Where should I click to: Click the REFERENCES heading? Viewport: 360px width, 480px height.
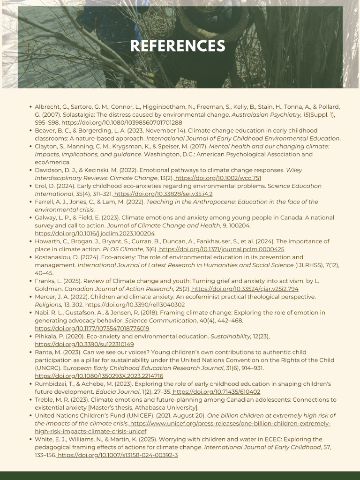click(x=178, y=46)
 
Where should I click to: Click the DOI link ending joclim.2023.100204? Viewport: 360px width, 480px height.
click(x=95, y=233)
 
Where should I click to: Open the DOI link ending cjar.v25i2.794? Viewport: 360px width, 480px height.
click(x=245, y=289)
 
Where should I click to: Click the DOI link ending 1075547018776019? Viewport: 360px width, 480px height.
click(x=92, y=329)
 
